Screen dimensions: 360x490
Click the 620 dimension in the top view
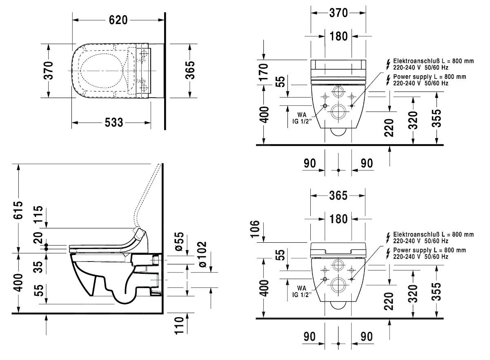(x=118, y=20)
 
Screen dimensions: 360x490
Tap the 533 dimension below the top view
(x=111, y=122)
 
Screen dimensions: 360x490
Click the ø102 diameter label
(x=203, y=255)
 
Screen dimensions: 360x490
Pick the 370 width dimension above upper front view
(x=339, y=13)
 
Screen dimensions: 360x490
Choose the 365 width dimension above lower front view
(x=339, y=196)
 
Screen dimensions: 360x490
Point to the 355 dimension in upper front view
(x=437, y=119)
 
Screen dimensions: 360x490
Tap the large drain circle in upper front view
(x=339, y=111)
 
